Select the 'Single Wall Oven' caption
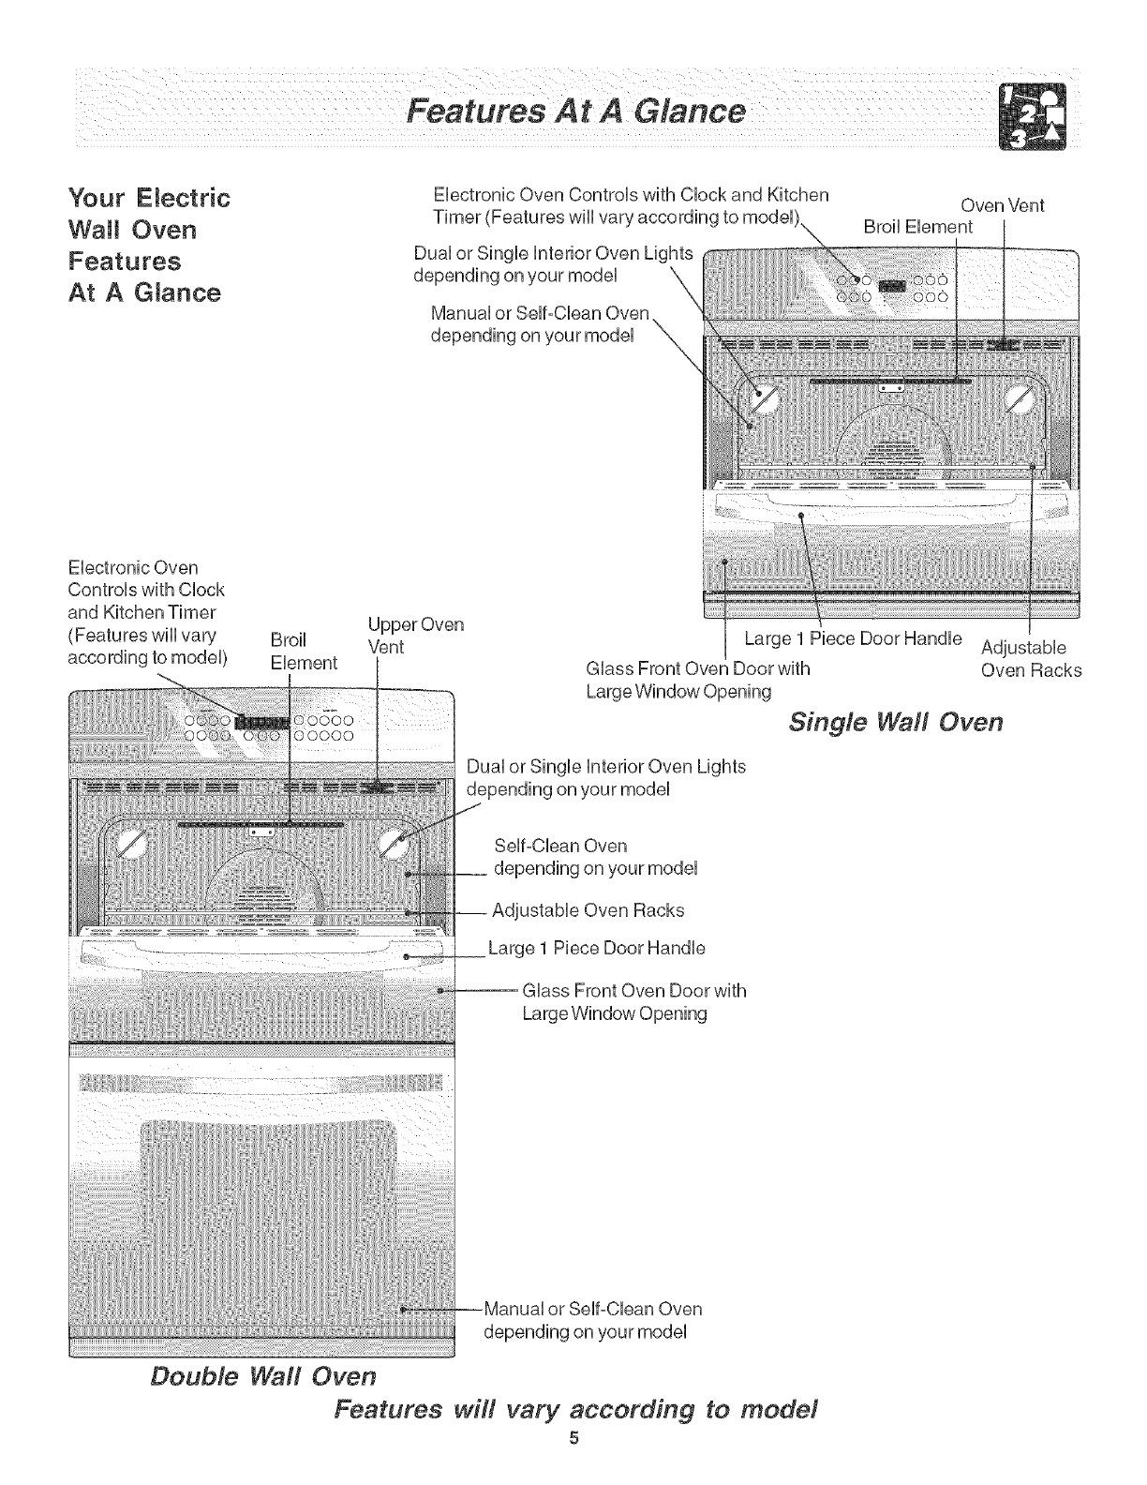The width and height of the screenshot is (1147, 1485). [896, 722]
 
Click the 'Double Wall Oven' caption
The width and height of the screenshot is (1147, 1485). [263, 1375]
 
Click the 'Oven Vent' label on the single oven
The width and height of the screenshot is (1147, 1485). [1003, 205]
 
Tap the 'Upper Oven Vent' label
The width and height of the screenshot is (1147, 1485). [404, 636]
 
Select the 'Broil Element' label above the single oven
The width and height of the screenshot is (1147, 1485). [917, 227]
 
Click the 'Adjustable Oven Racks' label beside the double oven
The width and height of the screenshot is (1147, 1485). [588, 910]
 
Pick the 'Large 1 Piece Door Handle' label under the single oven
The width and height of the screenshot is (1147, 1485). [852, 638]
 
